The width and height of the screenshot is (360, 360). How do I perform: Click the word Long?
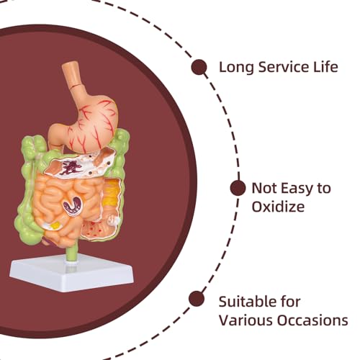tap(236, 68)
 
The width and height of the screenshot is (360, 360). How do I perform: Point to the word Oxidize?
tap(278, 206)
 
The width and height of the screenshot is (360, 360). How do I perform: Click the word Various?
tap(246, 320)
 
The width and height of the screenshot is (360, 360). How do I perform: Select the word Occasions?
tap(312, 320)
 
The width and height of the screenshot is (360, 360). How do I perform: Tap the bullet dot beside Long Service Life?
tap(199, 67)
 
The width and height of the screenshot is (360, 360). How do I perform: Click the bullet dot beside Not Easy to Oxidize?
tap(238, 188)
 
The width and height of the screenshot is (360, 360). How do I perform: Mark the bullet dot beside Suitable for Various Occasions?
tap(197, 299)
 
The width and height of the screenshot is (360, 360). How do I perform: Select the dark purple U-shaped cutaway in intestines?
tap(73, 206)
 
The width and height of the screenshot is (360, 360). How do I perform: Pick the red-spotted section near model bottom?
tap(95, 230)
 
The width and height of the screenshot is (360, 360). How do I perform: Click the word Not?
tap(264, 188)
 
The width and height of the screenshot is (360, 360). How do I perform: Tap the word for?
tap(288, 302)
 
